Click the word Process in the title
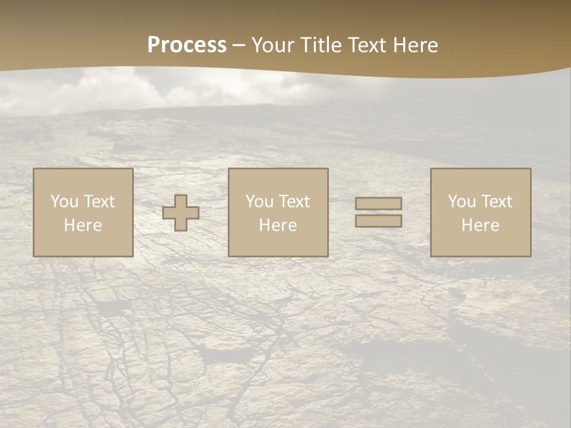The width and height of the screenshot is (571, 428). tap(187, 45)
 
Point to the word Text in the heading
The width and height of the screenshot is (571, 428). tap(369, 45)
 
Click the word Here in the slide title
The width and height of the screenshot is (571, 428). tap(416, 45)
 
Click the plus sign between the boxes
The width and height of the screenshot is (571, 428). tap(181, 213)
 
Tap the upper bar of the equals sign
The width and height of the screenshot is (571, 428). tap(378, 204)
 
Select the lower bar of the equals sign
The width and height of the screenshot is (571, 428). tap(378, 221)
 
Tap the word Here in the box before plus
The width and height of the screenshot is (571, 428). tap(83, 225)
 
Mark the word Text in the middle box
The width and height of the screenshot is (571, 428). tap(294, 202)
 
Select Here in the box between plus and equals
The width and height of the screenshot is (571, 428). tap(278, 225)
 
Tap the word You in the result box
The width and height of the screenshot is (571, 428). tap(462, 202)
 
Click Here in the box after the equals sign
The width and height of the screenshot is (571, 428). tap(481, 225)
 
